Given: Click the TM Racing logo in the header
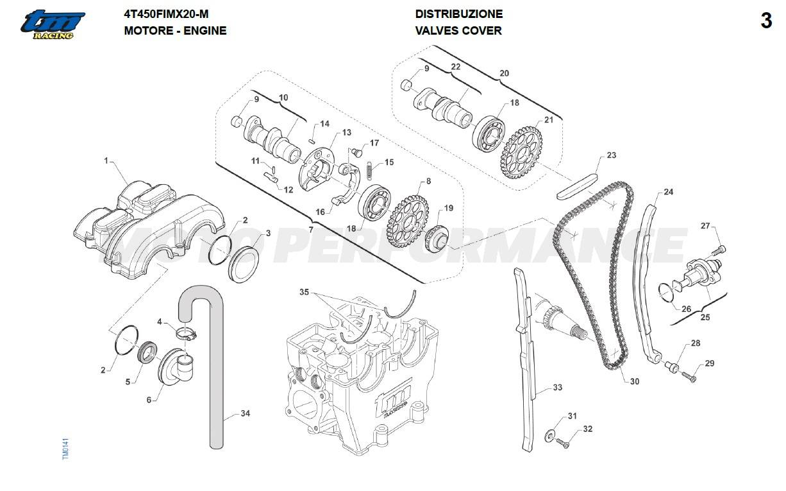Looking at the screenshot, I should click(52, 24).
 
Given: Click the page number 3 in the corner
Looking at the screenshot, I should click(766, 21).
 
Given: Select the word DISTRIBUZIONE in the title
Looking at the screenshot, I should click(458, 13).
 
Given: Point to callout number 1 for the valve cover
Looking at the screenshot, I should click(106, 160).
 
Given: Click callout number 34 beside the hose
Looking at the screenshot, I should click(245, 413).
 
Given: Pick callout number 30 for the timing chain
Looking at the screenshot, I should click(634, 381).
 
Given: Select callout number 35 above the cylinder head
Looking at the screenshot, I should click(304, 292).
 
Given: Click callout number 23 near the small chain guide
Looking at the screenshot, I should click(611, 155).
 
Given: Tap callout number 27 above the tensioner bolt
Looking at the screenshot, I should click(705, 225).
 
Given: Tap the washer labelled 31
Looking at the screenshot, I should click(550, 435).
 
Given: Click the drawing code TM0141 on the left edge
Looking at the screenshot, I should click(65, 447).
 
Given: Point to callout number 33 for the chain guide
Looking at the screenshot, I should click(557, 388).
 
